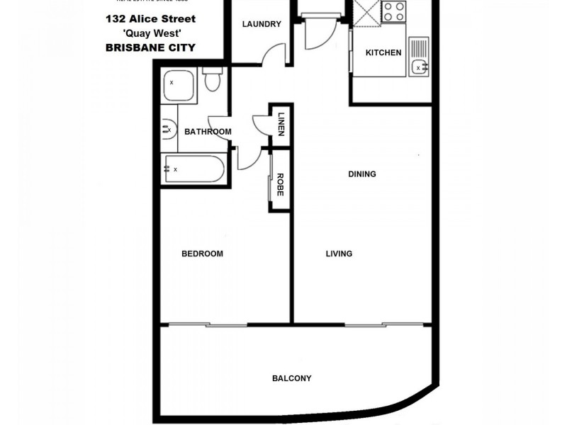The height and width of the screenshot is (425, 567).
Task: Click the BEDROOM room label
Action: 202,254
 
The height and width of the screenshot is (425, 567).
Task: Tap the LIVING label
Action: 339,254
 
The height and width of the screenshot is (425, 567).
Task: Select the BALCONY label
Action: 291,378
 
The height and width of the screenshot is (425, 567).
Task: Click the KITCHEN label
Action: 383,52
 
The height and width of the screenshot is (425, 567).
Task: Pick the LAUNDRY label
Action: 261,24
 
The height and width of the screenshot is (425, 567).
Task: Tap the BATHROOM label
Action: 208,132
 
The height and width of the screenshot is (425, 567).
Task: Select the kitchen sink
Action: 419,67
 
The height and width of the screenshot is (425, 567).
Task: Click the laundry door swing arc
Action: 273,54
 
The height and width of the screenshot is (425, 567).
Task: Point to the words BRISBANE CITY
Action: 150,47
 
